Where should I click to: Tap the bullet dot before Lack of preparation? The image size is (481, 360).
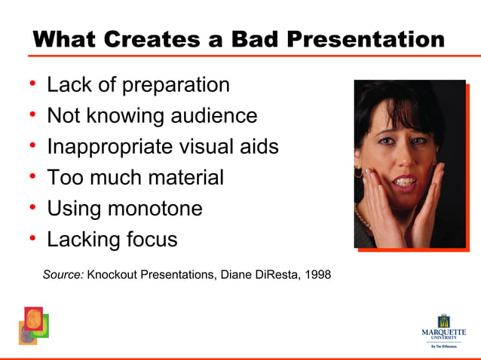[33, 84]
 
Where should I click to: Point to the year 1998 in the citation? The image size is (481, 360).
[316, 274]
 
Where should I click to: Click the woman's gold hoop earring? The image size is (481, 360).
[360, 173]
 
